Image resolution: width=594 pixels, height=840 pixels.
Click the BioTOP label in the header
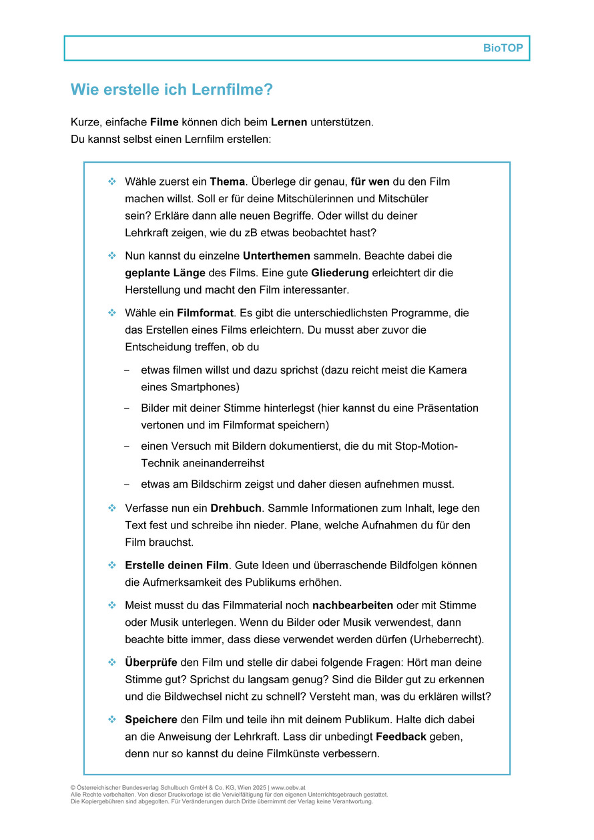[x=503, y=49]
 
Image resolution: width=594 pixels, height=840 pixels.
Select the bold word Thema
[x=228, y=181]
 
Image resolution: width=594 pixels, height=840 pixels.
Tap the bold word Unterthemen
[x=276, y=256]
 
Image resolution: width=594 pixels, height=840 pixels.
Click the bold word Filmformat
[x=206, y=313]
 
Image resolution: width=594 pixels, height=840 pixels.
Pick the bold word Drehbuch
[x=237, y=508]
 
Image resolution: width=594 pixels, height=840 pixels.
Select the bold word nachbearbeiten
[x=353, y=606]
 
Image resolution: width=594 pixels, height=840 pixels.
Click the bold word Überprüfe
[x=151, y=663]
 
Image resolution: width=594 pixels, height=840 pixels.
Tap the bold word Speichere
[x=151, y=720]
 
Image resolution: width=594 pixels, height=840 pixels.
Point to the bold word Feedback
[x=401, y=737]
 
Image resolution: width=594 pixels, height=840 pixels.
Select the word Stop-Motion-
[x=426, y=446]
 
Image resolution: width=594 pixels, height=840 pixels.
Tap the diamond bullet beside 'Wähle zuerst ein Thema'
[x=111, y=181]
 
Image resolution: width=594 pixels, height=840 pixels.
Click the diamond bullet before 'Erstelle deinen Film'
[x=111, y=565]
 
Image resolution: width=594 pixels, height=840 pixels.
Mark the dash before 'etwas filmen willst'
[x=127, y=370]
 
